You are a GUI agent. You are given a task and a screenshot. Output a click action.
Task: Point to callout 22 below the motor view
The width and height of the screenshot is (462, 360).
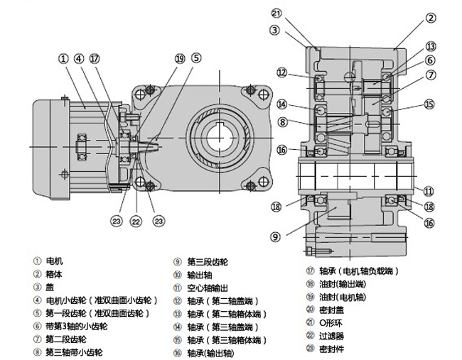(136, 222)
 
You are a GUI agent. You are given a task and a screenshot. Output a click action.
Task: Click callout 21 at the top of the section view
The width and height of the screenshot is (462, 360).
(276, 13)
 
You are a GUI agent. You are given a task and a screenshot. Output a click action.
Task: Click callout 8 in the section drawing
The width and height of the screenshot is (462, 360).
(282, 121)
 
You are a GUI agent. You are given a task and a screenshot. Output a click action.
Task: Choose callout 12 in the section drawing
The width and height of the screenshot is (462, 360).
(282, 72)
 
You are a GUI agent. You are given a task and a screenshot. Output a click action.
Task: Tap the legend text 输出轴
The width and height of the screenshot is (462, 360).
(198, 274)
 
